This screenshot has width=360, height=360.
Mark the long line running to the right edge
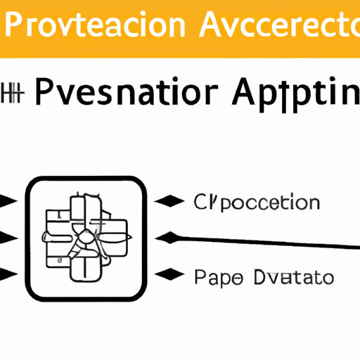point(267,243)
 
